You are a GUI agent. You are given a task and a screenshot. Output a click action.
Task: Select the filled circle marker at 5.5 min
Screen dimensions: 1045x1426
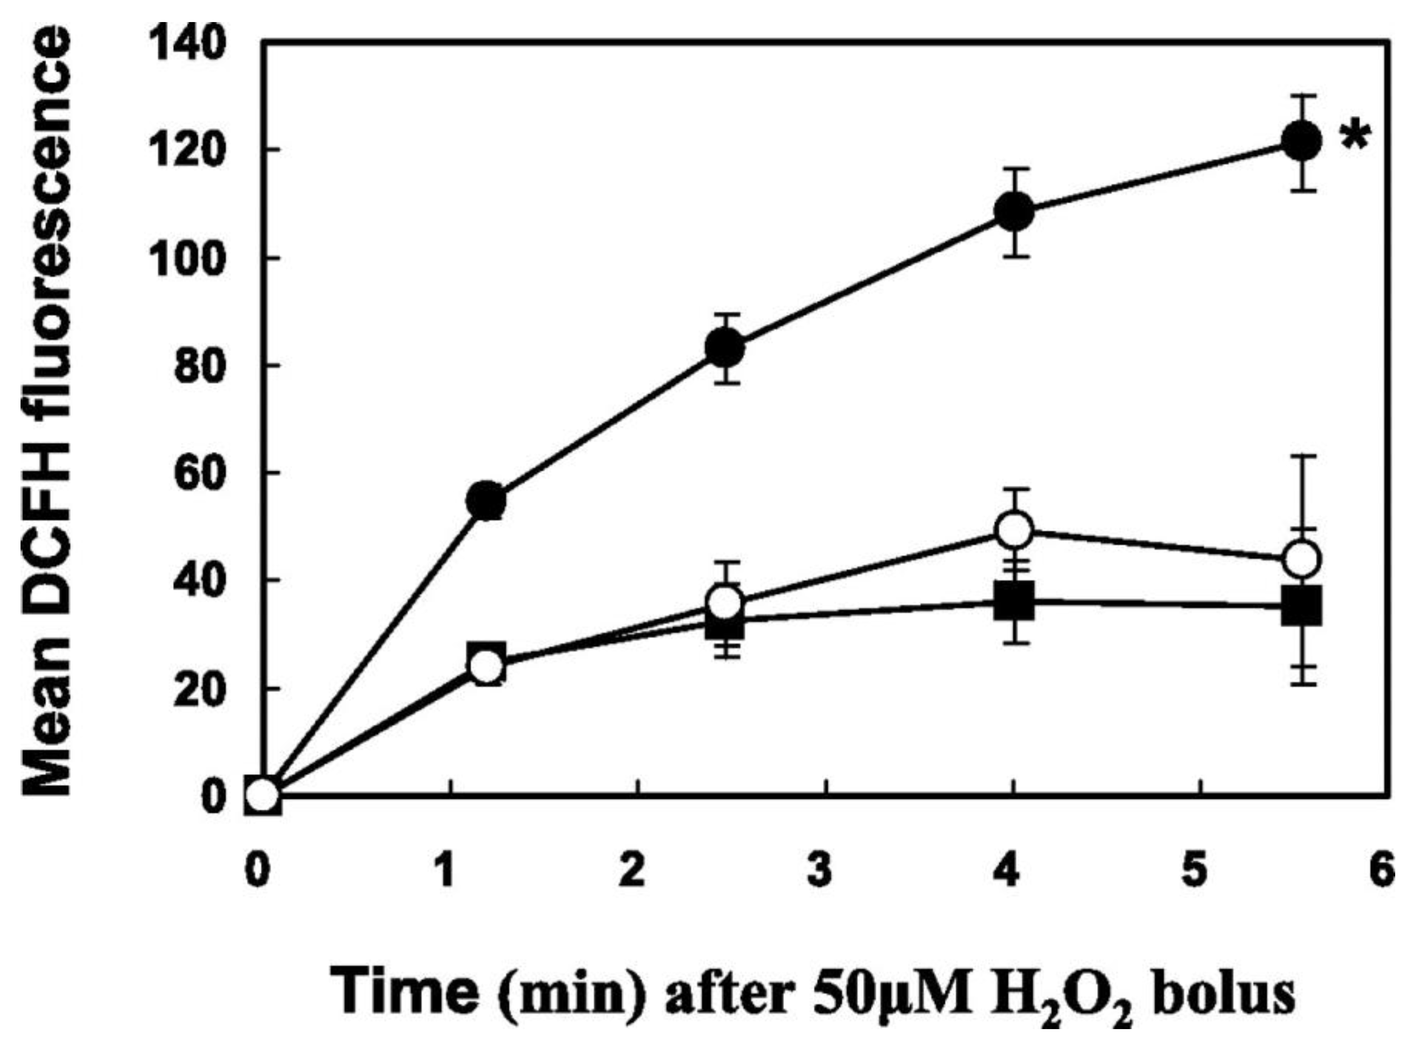click(x=1301, y=142)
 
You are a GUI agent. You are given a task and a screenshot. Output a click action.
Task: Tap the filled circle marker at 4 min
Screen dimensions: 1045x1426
click(x=1013, y=211)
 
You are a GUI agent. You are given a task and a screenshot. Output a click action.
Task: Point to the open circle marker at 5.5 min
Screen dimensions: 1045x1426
click(x=1301, y=559)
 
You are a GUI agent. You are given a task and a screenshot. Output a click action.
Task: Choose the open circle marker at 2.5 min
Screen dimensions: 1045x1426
click(x=725, y=602)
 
